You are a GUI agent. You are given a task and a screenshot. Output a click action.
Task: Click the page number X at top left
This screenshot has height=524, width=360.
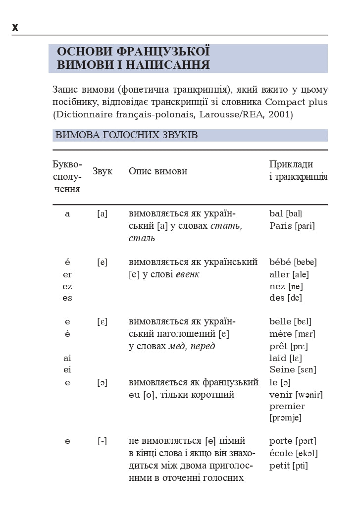pos(15,28)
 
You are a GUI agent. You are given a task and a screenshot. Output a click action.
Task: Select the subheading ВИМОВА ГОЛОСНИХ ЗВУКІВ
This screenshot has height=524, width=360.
pos(127,135)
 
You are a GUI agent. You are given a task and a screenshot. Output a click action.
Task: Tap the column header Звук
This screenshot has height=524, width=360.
pos(103,171)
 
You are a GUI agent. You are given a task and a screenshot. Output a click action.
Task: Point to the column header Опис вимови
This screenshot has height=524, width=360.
pos(158,171)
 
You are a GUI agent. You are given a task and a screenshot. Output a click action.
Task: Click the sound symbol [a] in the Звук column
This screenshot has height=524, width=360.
pos(102,214)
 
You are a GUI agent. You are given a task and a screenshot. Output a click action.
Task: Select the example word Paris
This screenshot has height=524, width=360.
pos(281,226)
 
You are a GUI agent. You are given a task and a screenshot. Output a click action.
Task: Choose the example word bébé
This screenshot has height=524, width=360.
pos(280,262)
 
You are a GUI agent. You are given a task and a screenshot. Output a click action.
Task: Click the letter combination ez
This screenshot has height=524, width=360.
pos(67,286)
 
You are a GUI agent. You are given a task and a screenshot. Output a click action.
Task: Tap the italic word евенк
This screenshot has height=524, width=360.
pos(188,274)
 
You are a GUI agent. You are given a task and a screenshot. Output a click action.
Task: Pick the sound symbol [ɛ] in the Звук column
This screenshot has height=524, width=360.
pos(102,322)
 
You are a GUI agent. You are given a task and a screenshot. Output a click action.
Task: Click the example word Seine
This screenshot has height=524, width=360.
pos(282,369)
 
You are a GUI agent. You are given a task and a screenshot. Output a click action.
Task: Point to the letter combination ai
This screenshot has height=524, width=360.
pos(67,358)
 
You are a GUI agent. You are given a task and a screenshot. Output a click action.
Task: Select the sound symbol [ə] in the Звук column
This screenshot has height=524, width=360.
pos(102,382)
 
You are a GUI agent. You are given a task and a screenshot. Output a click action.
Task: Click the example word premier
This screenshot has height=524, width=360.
pos(287,406)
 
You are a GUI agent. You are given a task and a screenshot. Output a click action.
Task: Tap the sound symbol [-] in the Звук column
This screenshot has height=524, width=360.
pos(102,441)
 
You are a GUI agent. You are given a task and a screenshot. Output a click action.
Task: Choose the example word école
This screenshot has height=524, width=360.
pos(281,453)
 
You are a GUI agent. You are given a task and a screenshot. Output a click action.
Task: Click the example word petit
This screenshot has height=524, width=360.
pos(280,466)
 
